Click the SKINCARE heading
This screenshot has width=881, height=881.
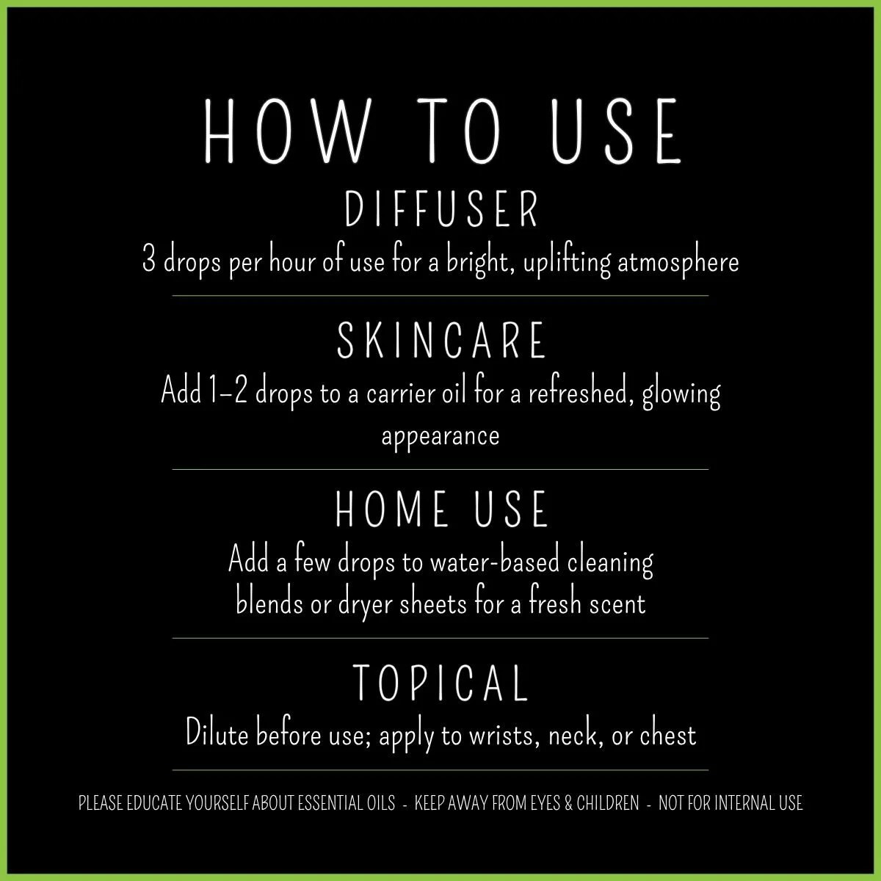[442, 341]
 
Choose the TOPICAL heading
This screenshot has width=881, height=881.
[441, 682]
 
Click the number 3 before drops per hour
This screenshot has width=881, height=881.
[149, 262]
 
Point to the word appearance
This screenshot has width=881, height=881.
[440, 436]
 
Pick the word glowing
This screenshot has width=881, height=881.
[681, 394]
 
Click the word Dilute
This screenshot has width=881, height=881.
[218, 734]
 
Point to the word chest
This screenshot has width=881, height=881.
[667, 734]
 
